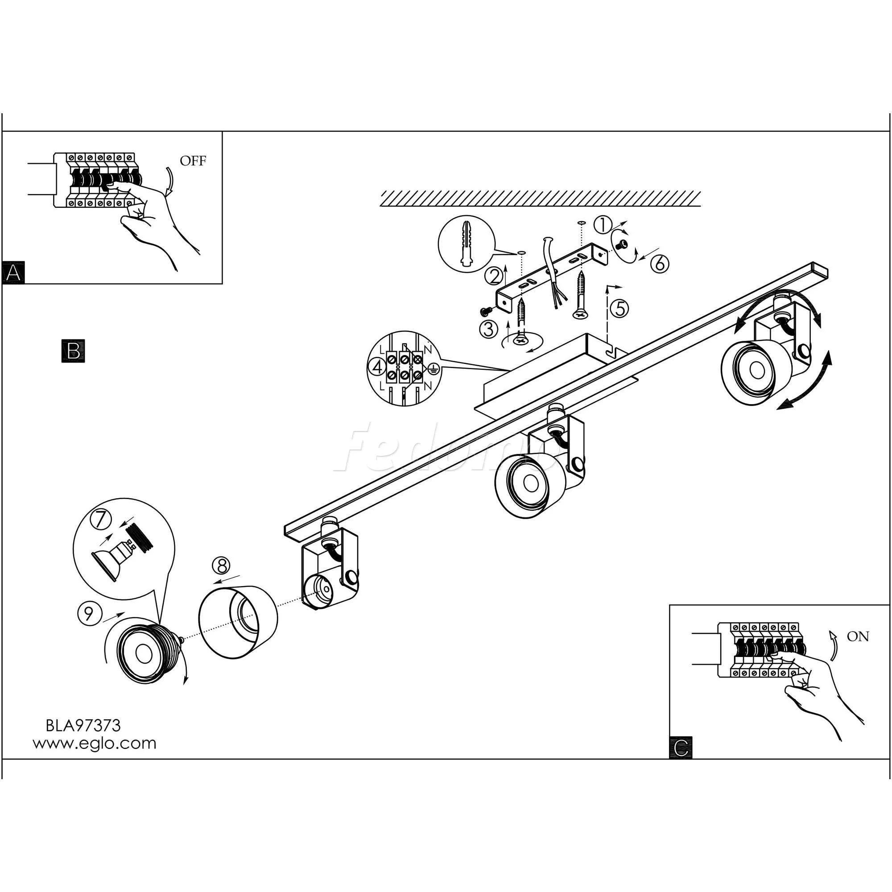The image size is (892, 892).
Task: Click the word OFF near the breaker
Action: pyautogui.click(x=193, y=161)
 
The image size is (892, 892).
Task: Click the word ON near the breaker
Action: pyautogui.click(x=858, y=637)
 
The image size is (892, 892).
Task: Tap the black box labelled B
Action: pyautogui.click(x=73, y=351)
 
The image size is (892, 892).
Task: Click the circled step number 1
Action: pyautogui.click(x=602, y=225)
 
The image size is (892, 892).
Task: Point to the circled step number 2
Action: pyautogui.click(x=494, y=277)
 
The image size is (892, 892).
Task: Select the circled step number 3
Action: pyautogui.click(x=488, y=329)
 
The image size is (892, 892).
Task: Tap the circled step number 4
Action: pyautogui.click(x=378, y=368)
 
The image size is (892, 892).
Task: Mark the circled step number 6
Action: pyautogui.click(x=660, y=263)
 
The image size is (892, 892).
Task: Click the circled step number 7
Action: pyautogui.click(x=101, y=520)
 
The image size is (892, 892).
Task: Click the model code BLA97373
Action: pyautogui.click(x=83, y=726)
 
